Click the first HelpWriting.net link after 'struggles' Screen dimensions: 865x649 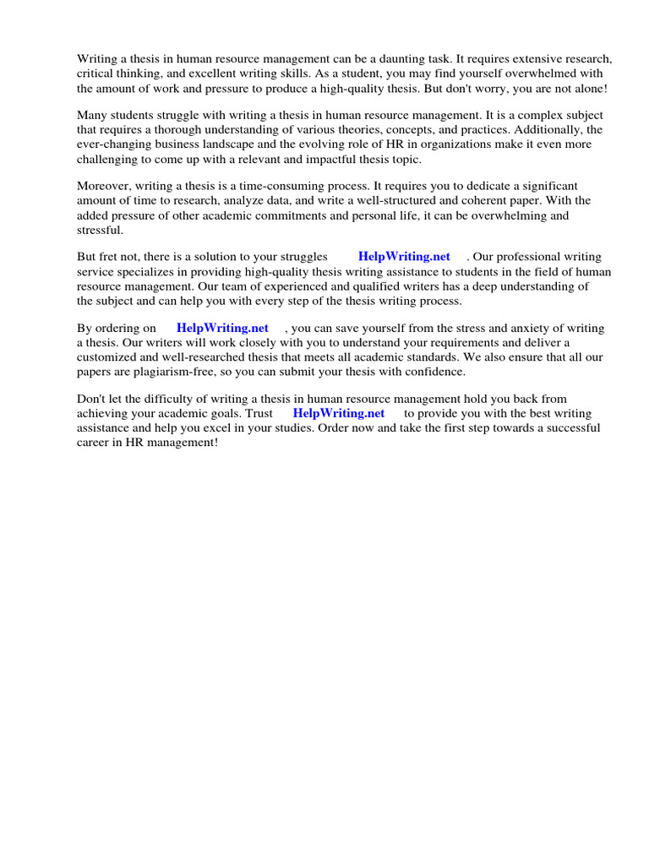pyautogui.click(x=404, y=257)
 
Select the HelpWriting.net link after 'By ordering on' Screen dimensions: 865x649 pyautogui.click(x=222, y=329)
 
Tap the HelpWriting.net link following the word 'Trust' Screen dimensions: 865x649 pyautogui.click(x=338, y=414)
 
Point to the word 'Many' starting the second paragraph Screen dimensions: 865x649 pyautogui.click(x=92, y=115)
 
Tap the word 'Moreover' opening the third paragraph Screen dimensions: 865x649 pyautogui.click(x=105, y=186)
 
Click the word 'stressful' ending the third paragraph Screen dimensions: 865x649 pyautogui.click(x=100, y=229)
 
